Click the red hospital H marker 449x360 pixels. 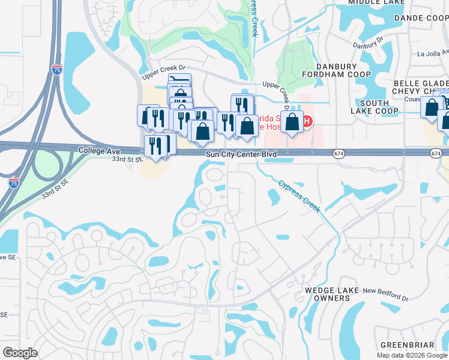[307, 122]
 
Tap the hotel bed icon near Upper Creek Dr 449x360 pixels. [180, 80]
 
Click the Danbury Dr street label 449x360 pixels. [368, 45]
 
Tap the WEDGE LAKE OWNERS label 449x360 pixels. [331, 294]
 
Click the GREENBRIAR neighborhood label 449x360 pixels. [407, 345]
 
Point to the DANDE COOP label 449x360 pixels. [421, 18]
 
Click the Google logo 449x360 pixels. [20, 353]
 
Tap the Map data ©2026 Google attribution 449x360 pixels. [412, 355]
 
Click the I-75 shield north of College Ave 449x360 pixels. [56, 70]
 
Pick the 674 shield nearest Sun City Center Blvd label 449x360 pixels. [339, 154]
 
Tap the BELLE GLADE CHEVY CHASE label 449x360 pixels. [421, 87]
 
